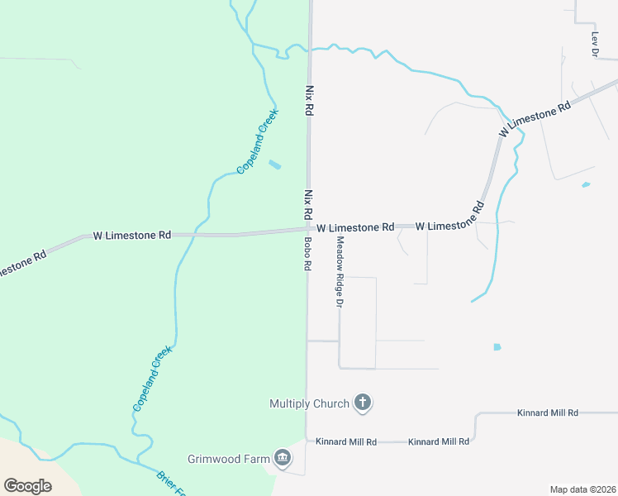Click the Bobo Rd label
[x=307, y=255]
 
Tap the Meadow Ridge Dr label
[x=339, y=272]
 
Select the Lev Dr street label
[x=594, y=45]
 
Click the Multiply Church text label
[x=309, y=404]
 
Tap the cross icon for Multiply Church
[x=362, y=403]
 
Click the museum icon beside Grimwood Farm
[x=283, y=458]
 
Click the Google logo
[x=27, y=486]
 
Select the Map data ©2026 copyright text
[x=582, y=489]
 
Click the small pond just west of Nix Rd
[x=274, y=165]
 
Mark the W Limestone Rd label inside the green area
[x=131, y=236]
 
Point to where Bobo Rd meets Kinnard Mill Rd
[x=307, y=441]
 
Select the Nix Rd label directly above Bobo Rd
[x=308, y=205]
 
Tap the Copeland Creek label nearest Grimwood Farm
[x=152, y=379]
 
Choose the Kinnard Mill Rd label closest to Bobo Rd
[x=346, y=442]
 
